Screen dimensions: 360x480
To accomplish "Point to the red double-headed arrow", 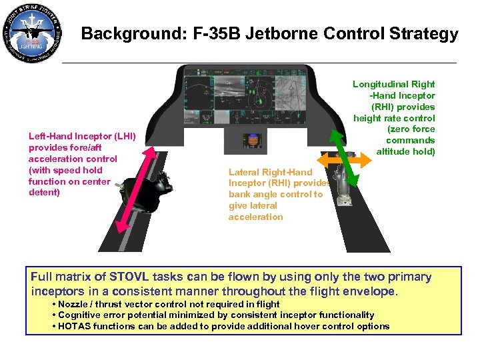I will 137,188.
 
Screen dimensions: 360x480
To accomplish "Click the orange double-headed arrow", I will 343,163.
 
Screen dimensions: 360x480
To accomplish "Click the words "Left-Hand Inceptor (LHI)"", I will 82,137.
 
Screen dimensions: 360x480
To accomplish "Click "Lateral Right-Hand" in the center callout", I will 270,172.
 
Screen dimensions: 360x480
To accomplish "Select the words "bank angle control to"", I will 275,195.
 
